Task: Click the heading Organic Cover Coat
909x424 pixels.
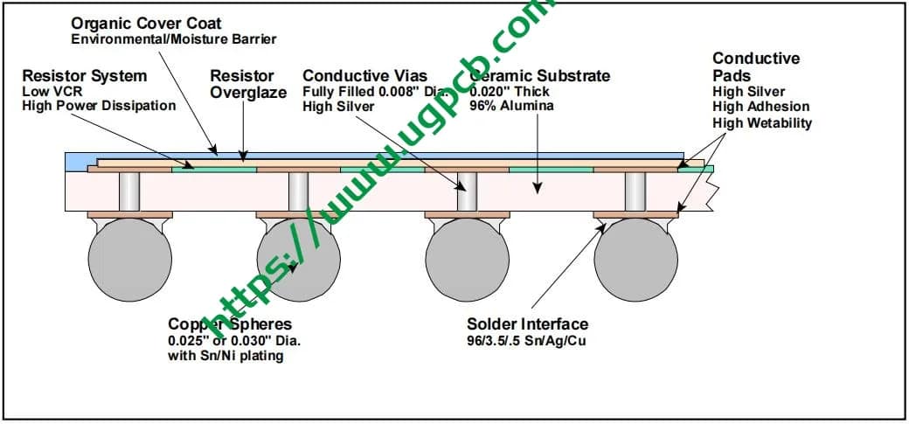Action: [146, 23]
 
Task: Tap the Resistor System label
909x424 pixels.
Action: [84, 76]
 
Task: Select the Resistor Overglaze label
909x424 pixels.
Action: [248, 84]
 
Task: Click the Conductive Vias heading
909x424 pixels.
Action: [364, 76]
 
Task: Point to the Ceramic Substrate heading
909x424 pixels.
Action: [540, 76]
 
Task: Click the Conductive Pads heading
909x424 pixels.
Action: [755, 66]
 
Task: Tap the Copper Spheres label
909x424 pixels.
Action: [229, 324]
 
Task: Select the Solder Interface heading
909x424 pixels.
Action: [527, 324]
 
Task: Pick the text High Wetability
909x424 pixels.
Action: [762, 122]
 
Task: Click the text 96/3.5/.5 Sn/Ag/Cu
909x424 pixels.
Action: [526, 340]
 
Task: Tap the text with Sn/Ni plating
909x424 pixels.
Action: [226, 356]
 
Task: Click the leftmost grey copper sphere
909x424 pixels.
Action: [130, 260]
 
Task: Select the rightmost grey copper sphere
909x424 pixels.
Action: [635, 260]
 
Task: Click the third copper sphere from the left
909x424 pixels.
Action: [467, 260]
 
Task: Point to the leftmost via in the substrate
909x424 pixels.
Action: [130, 191]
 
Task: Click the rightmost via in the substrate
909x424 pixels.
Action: [635, 191]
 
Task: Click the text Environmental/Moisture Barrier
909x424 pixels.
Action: [173, 38]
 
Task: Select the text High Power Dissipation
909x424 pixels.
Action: [99, 106]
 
